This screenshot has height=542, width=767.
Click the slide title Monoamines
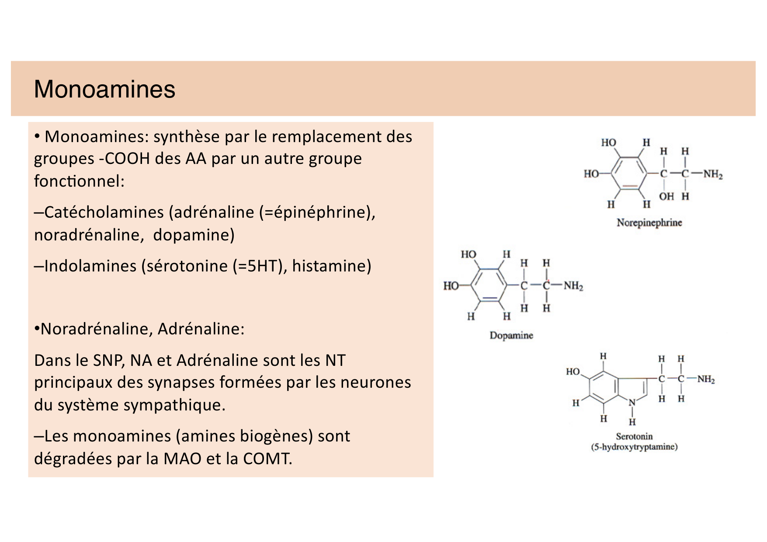click(x=104, y=89)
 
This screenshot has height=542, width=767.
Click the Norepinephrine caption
click(x=649, y=223)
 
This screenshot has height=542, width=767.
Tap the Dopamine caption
click(x=511, y=336)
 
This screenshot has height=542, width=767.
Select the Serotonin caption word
click(x=634, y=436)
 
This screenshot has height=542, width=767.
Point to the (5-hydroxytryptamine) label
click(x=634, y=447)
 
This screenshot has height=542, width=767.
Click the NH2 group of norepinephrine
click(x=713, y=174)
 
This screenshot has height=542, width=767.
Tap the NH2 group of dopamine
click(x=573, y=286)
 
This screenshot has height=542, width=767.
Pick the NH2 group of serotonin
click(x=706, y=379)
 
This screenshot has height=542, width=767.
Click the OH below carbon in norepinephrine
click(x=666, y=197)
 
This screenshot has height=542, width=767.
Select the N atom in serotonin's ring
click(x=632, y=403)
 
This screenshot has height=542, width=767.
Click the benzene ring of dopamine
click(x=488, y=285)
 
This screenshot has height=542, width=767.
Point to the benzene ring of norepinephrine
click(x=628, y=174)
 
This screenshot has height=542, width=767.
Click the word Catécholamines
click(x=104, y=212)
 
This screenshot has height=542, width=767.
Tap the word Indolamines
click(x=90, y=266)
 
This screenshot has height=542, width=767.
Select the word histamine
click(x=331, y=266)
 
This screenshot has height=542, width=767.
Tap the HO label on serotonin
click(x=573, y=372)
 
